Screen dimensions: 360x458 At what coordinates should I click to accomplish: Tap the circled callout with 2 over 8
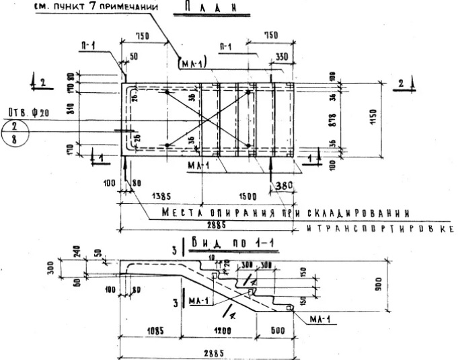point(13,133)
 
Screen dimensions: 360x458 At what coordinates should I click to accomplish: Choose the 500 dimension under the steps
point(277,332)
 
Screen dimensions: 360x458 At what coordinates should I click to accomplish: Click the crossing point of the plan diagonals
point(208,118)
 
